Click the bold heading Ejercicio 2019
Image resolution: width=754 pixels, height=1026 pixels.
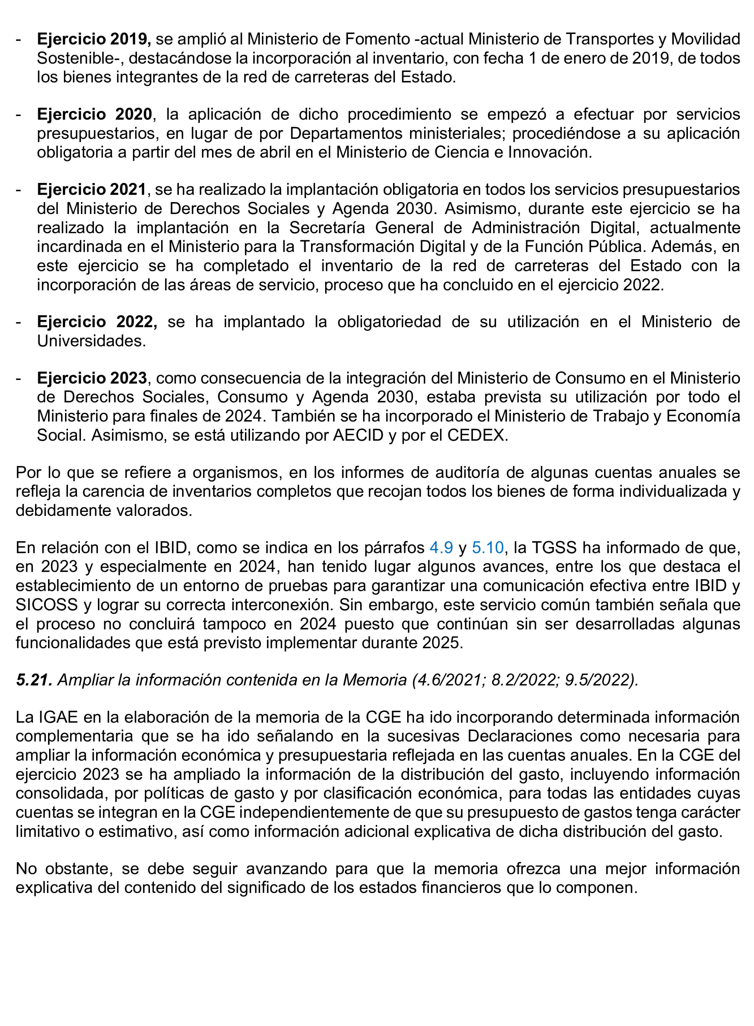click(x=93, y=39)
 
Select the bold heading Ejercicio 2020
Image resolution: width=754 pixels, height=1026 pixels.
click(x=95, y=114)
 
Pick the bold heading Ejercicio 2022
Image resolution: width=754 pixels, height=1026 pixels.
click(x=97, y=322)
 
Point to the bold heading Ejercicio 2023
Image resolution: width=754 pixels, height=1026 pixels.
click(x=92, y=378)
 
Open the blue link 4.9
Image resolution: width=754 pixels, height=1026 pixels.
click(x=441, y=547)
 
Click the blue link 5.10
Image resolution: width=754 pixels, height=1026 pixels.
click(x=487, y=547)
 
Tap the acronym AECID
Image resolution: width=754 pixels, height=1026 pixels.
click(x=358, y=435)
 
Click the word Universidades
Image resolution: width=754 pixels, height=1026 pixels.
click(x=91, y=341)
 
